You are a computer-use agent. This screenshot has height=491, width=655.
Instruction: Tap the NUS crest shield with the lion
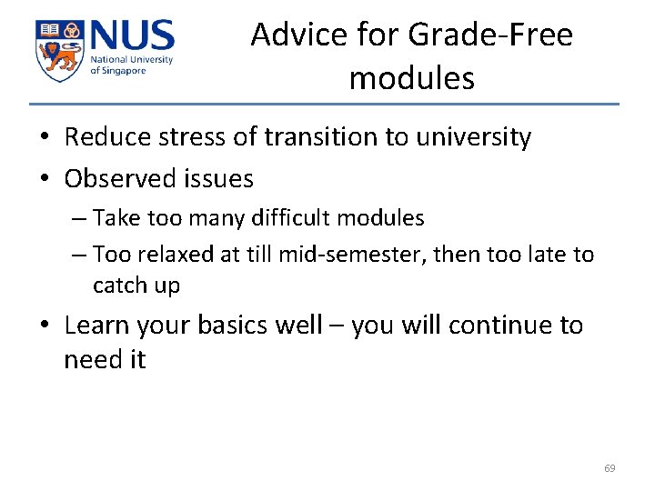[59, 50]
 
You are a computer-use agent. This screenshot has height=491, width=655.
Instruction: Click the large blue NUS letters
[130, 37]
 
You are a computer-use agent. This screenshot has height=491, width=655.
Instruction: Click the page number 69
[610, 468]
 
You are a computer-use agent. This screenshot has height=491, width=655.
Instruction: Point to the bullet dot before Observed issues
[44, 179]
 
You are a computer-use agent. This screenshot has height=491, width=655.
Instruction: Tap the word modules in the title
[411, 78]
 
